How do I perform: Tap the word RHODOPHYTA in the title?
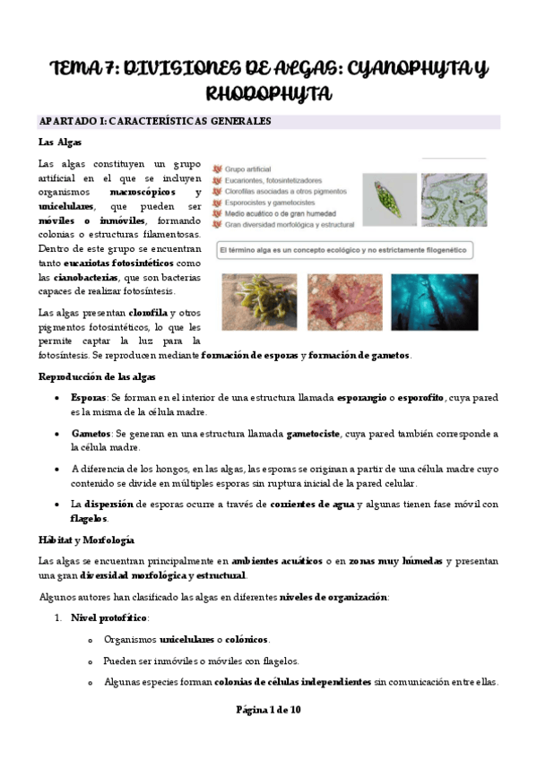[x=268, y=93]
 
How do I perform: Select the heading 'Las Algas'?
[x=59, y=142]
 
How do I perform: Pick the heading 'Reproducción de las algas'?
[x=97, y=376]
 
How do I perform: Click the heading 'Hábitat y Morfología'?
[x=86, y=540]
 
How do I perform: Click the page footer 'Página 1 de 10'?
[x=269, y=710]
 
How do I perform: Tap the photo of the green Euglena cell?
[x=389, y=198]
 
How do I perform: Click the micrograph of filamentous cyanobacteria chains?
[x=455, y=198]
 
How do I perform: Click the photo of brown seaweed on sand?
[x=258, y=301]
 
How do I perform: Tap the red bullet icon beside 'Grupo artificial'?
[x=216, y=168]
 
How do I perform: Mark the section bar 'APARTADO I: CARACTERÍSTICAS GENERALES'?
[x=155, y=122]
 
